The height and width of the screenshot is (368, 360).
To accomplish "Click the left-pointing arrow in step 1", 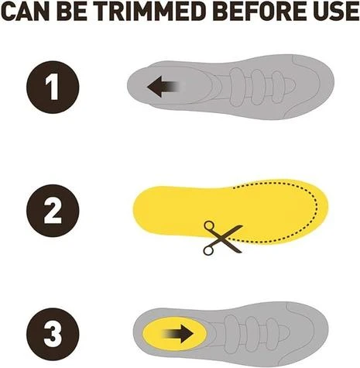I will (x=162, y=87).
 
